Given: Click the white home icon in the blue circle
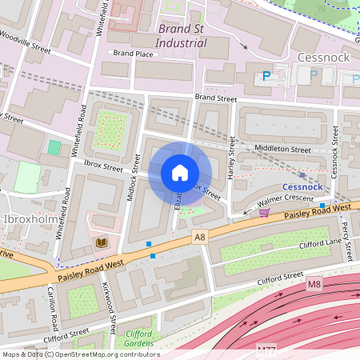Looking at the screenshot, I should (x=180, y=173).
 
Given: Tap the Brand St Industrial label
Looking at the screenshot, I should (x=180, y=35).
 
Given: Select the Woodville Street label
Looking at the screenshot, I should (x=26, y=50).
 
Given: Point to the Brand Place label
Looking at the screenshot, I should (x=132, y=54).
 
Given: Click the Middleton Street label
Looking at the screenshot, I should (x=281, y=149).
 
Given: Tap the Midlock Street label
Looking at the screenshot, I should (x=134, y=175).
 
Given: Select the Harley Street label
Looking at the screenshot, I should (x=233, y=157).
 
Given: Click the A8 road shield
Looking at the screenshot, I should (x=199, y=238).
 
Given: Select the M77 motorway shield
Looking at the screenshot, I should (x=266, y=350).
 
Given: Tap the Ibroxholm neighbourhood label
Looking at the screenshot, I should (x=29, y=218).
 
